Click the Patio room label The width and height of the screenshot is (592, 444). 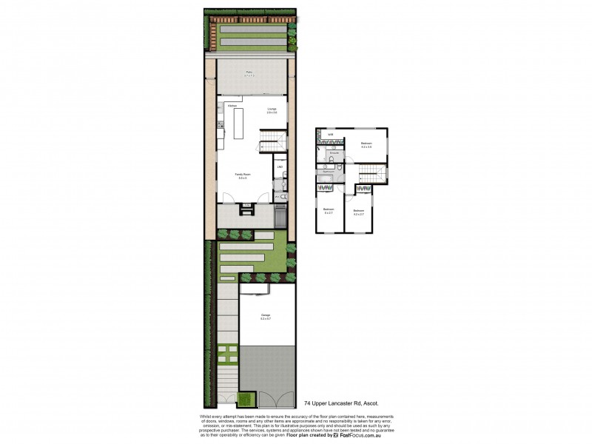click(249, 74)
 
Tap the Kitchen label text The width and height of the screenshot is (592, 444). click(232, 107)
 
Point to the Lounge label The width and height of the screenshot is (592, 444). click(272, 110)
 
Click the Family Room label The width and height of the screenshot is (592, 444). click(243, 176)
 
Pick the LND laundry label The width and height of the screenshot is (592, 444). click(280, 166)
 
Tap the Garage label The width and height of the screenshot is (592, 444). click(265, 316)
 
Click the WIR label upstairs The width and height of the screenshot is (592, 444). click(331, 134)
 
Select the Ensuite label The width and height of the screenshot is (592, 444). click(334, 153)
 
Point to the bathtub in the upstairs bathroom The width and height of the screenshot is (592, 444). click(326, 172)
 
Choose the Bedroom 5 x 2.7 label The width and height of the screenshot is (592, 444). click(328, 211)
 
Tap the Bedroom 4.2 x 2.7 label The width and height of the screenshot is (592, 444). click(359, 211)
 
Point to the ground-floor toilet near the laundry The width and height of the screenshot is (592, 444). click(283, 197)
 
